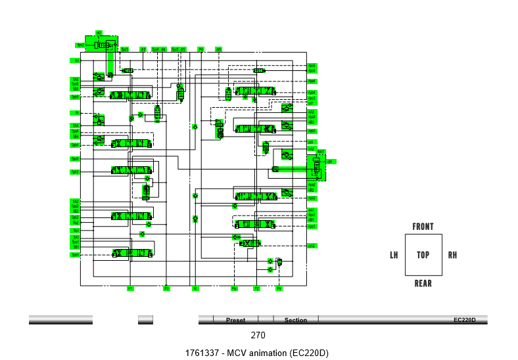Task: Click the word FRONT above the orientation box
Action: (x=423, y=227)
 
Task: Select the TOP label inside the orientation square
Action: (x=423, y=255)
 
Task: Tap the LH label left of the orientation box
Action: (x=394, y=255)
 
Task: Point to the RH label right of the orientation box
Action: (x=452, y=255)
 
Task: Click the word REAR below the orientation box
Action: (x=423, y=283)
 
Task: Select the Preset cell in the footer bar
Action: (x=235, y=320)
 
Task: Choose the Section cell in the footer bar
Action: (x=295, y=320)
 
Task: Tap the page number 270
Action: (x=258, y=336)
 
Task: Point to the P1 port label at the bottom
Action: (x=130, y=288)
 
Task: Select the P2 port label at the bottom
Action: (x=257, y=288)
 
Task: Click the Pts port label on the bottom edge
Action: (x=234, y=288)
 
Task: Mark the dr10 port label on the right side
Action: (x=312, y=246)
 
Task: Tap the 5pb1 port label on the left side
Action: (x=76, y=255)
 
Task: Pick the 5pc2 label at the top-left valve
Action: (x=81, y=45)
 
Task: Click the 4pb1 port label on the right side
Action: (x=312, y=227)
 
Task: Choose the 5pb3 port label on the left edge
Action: (x=76, y=172)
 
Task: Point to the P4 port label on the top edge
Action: (x=201, y=49)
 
